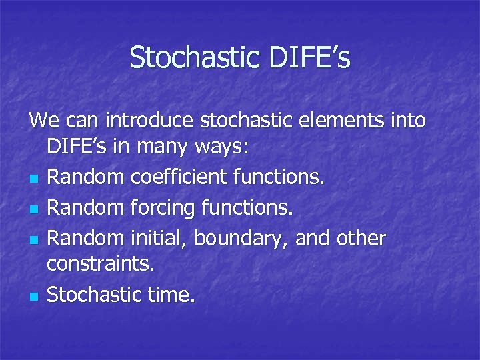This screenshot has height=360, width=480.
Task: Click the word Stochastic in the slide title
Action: tap(196, 57)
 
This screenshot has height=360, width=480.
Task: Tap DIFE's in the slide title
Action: tap(309, 57)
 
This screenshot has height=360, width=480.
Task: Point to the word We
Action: tap(43, 121)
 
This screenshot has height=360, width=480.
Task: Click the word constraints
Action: tap(100, 265)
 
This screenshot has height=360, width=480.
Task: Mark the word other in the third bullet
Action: tap(361, 239)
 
